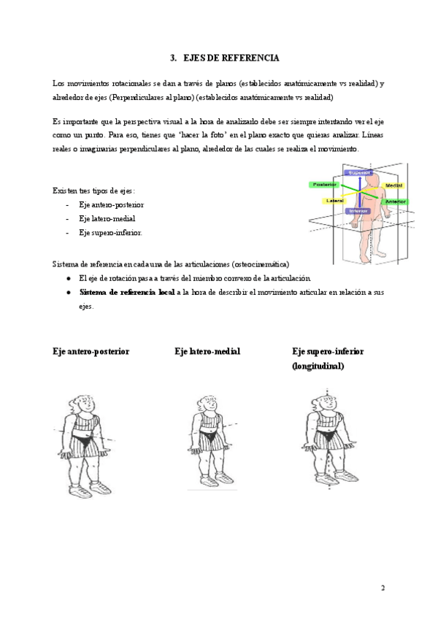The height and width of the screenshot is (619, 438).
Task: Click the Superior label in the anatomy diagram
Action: [x=359, y=173]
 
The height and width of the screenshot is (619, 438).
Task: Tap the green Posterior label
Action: [x=325, y=185]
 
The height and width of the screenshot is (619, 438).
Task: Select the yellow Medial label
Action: [x=393, y=186]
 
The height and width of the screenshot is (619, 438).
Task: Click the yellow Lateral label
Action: [x=335, y=201]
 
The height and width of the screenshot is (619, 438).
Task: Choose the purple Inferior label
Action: [x=358, y=211]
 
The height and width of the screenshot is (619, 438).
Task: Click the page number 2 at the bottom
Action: [x=383, y=587]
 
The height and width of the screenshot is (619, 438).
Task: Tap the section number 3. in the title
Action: [x=173, y=57]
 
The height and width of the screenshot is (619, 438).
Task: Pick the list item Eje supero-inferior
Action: [x=110, y=232]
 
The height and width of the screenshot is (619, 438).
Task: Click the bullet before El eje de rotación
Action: [x=68, y=278]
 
